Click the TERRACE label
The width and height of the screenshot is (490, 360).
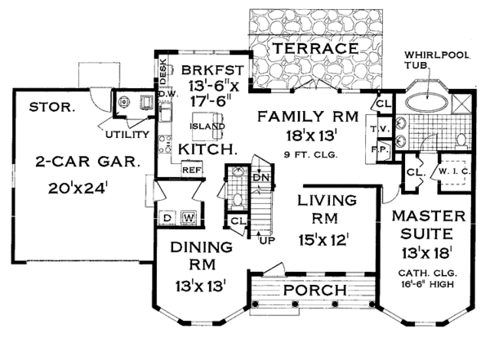click(315, 48)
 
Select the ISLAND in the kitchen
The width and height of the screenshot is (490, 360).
click(207, 127)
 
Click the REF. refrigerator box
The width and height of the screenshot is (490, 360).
click(192, 169)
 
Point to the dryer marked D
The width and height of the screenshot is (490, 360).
click(167, 218)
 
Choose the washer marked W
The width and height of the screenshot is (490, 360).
click(189, 218)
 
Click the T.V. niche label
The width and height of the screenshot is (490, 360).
click(380, 129)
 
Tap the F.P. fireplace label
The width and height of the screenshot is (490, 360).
click(381, 149)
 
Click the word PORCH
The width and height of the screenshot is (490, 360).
click(315, 290)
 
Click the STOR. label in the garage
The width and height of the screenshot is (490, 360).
click(52, 107)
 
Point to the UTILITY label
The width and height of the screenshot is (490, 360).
click(127, 135)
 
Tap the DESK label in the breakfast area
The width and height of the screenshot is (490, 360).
click(163, 72)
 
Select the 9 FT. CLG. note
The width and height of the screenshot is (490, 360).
click(311, 154)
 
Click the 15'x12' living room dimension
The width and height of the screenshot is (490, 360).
click(323, 240)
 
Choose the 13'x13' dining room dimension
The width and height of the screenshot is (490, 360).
click(201, 286)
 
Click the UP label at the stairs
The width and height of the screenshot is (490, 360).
click(267, 240)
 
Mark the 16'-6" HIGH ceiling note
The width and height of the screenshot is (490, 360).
click(427, 284)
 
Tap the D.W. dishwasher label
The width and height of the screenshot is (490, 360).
click(169, 94)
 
